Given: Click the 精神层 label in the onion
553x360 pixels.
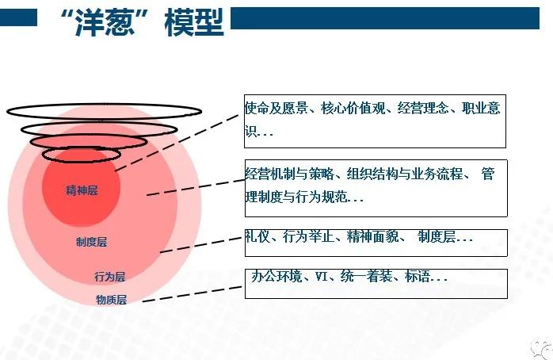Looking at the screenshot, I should click(x=82, y=190).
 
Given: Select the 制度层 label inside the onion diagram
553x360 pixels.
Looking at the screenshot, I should click(x=91, y=241).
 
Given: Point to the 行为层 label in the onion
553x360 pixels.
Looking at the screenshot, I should click(x=109, y=277).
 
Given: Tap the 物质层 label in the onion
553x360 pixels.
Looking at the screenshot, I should click(x=111, y=300).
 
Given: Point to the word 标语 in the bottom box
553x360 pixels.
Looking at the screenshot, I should click(x=416, y=278).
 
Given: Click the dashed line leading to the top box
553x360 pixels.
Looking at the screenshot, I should click(x=178, y=140).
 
